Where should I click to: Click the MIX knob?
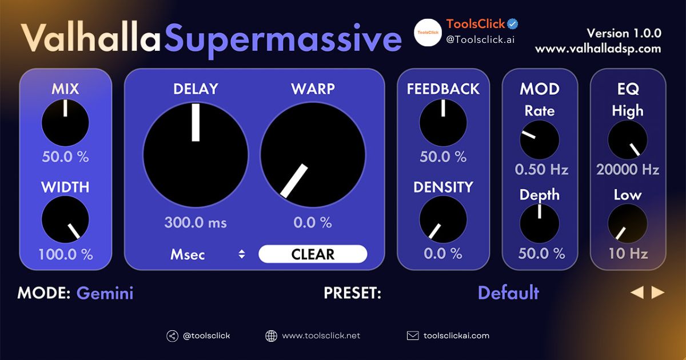[65, 122]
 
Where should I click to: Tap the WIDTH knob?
[65, 220]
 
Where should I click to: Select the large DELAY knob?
[196, 155]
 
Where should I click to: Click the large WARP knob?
[313, 155]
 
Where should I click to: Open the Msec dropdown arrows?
[242, 255]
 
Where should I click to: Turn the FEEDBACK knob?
[443, 122]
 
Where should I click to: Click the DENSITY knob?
[443, 220]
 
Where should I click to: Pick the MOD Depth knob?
[540, 223]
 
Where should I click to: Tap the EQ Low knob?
[628, 223]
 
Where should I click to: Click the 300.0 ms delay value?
[196, 223]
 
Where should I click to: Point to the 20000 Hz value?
[628, 170]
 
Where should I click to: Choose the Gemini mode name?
[105, 294]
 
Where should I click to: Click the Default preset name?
[508, 293]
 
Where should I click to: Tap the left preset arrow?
[637, 293]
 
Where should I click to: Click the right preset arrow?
[658, 293]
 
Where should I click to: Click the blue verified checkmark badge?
[513, 24]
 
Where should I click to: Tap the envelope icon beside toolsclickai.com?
[413, 336]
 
